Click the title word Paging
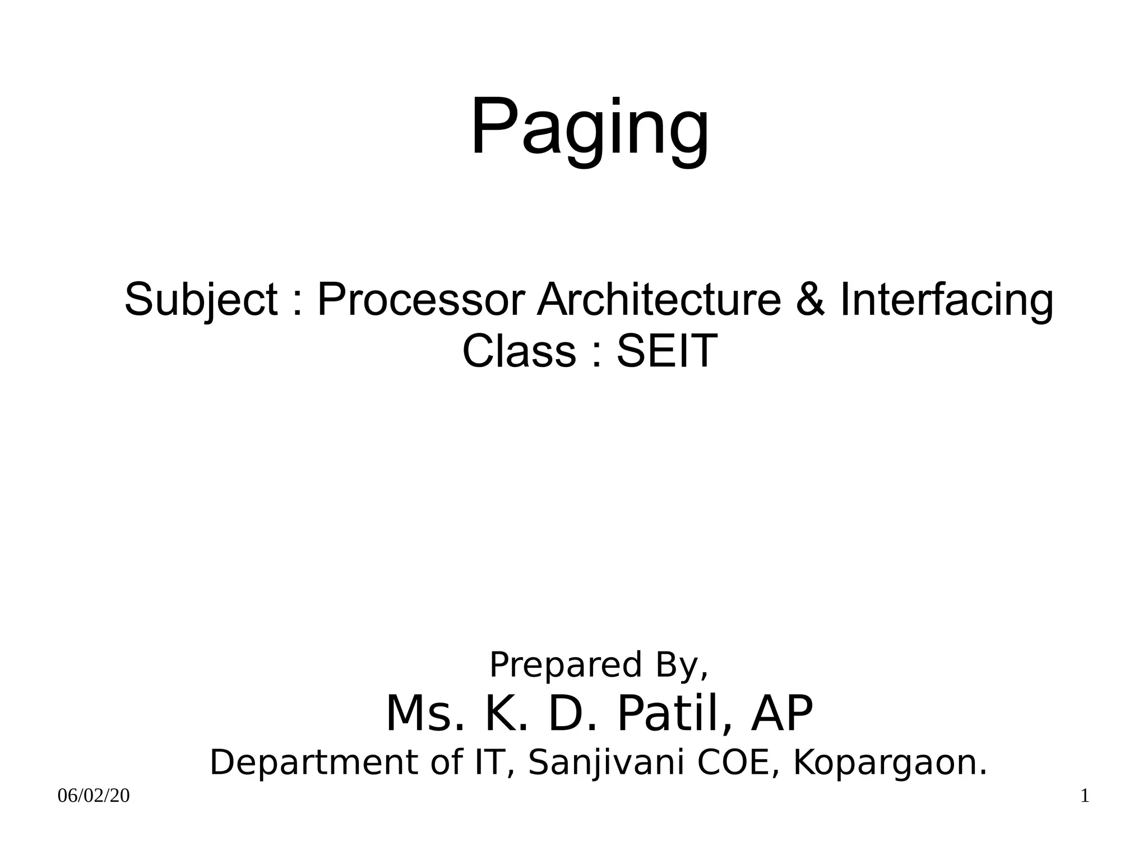pyautogui.click(x=589, y=128)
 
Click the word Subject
pyautogui.click(x=201, y=300)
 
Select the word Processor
pyautogui.click(x=422, y=300)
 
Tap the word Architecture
pyautogui.click(x=659, y=300)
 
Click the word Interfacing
pyautogui.click(x=946, y=300)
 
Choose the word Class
pyautogui.click(x=519, y=351)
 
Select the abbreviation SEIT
pyautogui.click(x=666, y=351)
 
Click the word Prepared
pyautogui.click(x=565, y=665)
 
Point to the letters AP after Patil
pyautogui.click(x=781, y=714)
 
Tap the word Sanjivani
pyautogui.click(x=606, y=763)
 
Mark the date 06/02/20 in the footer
pyautogui.click(x=94, y=796)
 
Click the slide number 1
pyautogui.click(x=1085, y=796)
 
